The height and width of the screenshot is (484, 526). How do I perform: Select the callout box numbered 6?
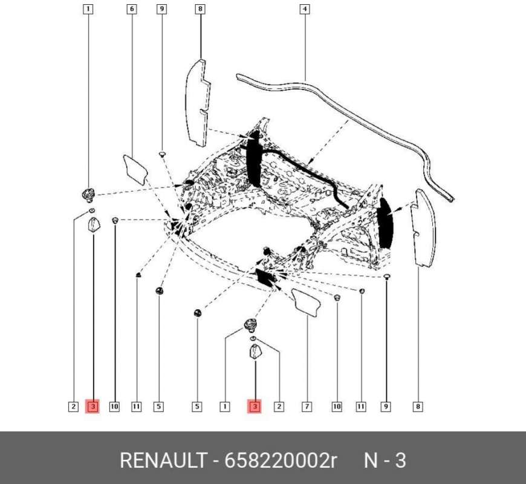pos(132,9)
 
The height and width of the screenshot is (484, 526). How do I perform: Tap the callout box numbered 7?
pos(307,407)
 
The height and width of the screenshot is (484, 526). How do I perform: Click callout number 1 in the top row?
pos(88,9)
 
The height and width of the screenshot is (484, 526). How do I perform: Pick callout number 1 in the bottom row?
pos(224,407)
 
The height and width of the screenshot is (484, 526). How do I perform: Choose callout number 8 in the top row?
pos(200,9)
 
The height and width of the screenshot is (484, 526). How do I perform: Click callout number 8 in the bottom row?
pos(417,407)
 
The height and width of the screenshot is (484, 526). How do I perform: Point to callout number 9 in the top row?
pos(161,9)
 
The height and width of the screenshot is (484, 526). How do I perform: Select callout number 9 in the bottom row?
pos(385,407)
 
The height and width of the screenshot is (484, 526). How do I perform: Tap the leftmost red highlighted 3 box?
pos(93,407)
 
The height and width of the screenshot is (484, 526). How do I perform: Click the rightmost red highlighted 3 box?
pos(255,407)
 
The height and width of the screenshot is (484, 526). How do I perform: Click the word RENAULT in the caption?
pos(163,460)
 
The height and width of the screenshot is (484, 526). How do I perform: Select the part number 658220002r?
pos(281,460)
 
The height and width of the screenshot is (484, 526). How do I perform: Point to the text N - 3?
pos(385,460)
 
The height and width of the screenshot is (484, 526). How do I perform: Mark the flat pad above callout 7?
pos(307,302)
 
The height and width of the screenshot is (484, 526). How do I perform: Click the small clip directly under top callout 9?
pos(162,156)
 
